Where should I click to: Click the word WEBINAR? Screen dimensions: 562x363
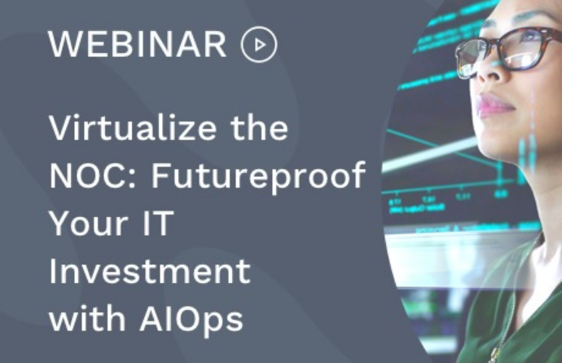(138, 44)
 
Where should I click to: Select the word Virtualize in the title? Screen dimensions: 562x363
(133, 128)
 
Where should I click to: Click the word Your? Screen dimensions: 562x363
(89, 224)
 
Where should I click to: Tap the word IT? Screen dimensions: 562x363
(158, 223)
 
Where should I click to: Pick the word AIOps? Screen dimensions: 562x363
(191, 320)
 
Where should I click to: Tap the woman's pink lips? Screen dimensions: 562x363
(495, 105)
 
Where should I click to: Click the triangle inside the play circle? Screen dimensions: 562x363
(260, 45)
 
